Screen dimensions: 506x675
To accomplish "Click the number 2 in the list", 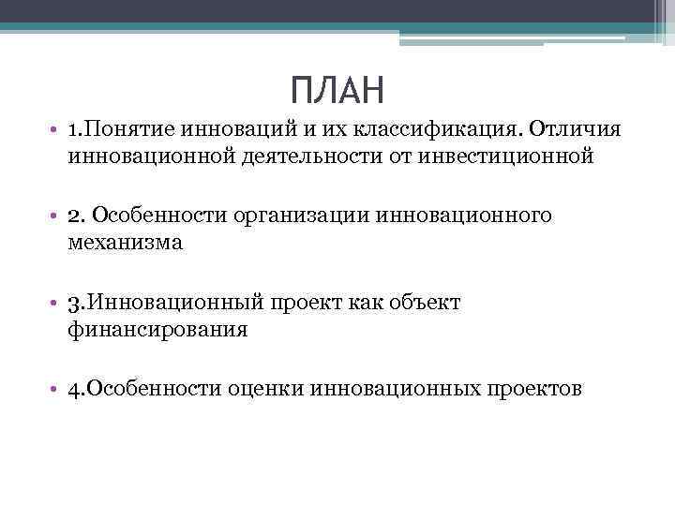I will (x=74, y=216).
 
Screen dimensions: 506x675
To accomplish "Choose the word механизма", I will (x=126, y=244).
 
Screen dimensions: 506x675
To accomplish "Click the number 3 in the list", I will (x=74, y=303).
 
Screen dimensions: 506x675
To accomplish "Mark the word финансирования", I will (x=157, y=330).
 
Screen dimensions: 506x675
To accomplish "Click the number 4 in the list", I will (x=74, y=389).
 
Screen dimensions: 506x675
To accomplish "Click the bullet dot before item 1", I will (x=56, y=128).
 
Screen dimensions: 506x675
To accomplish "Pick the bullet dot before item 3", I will (x=56, y=304).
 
